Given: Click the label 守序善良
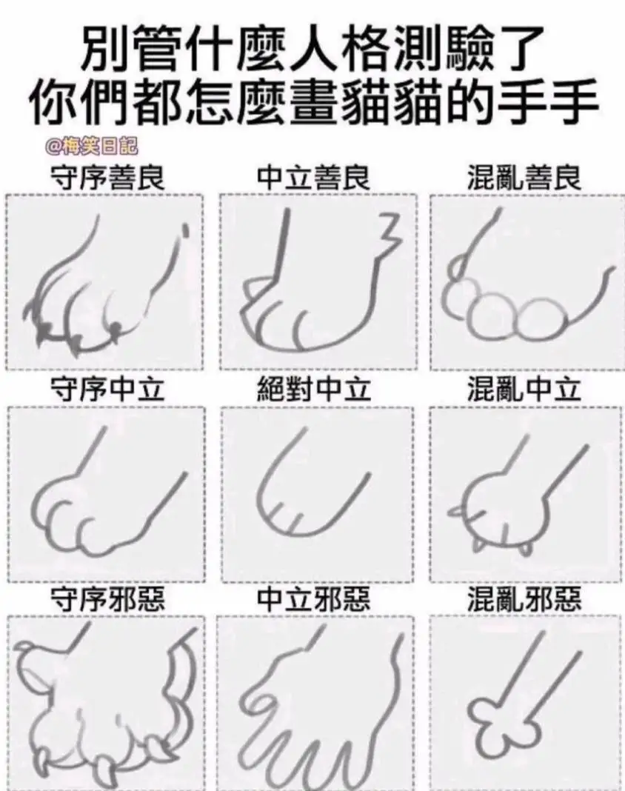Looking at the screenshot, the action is point(107,178).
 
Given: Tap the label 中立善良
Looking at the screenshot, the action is point(313,178).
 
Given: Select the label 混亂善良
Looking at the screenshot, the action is point(524,178).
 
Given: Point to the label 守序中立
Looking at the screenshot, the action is point(107,390).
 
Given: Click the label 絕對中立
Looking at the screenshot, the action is point(313,390).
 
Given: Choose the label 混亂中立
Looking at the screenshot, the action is point(524,390).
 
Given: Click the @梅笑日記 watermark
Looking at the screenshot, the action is point(92,147).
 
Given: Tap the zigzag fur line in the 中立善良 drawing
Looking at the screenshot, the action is point(390,235).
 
